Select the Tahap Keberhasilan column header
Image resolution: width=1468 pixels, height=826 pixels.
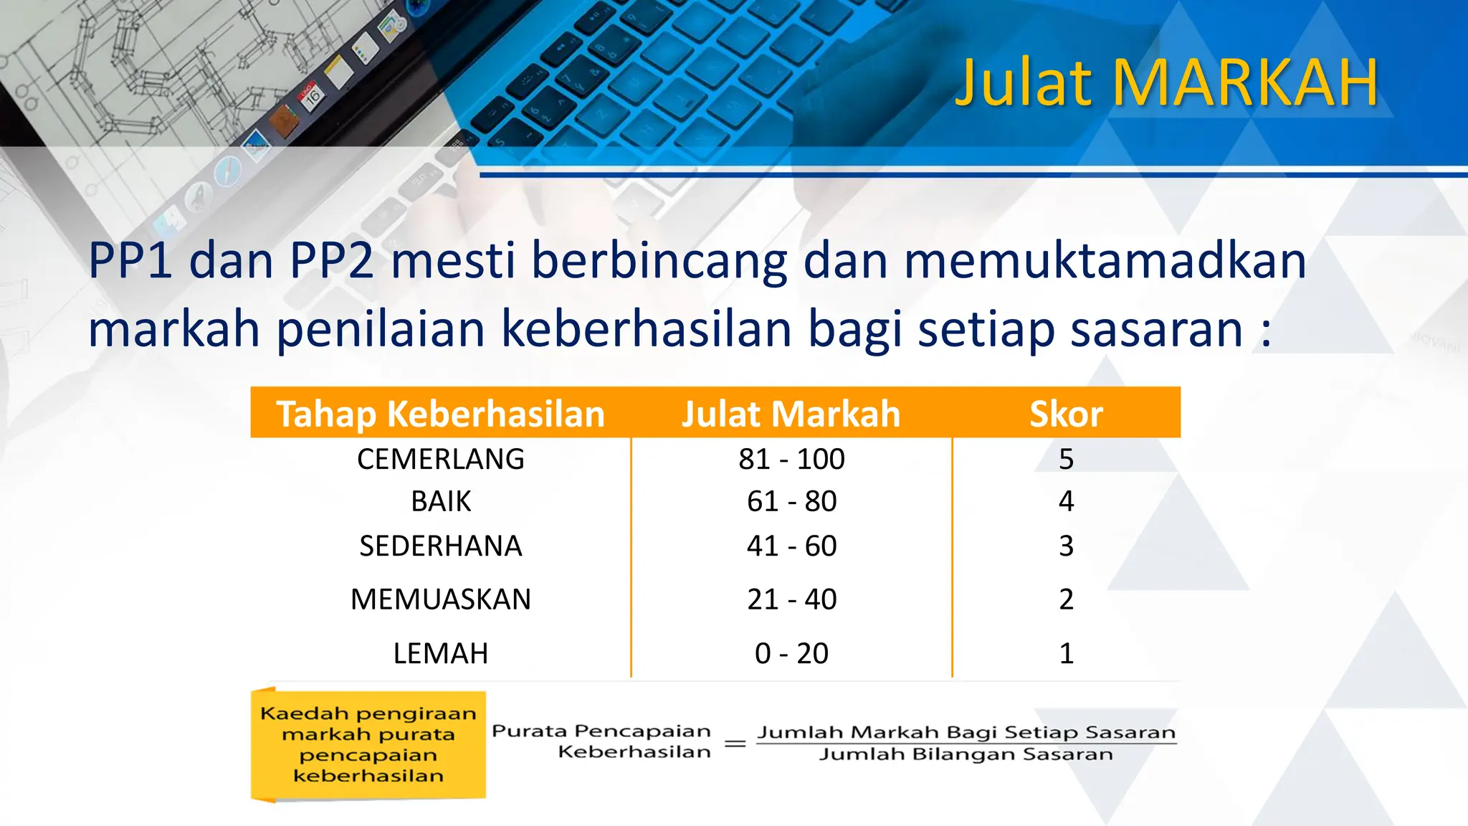pyautogui.click(x=441, y=414)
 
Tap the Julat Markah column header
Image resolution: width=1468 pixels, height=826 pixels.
pyautogui.click(x=791, y=414)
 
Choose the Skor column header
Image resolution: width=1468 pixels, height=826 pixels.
pyautogui.click(x=1066, y=414)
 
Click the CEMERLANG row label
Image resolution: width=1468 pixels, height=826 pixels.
pyautogui.click(x=441, y=459)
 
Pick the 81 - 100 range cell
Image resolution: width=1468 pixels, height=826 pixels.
pyautogui.click(x=791, y=459)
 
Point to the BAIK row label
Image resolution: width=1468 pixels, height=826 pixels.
pyautogui.click(x=441, y=501)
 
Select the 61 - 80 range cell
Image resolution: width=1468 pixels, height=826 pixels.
pyautogui.click(x=791, y=501)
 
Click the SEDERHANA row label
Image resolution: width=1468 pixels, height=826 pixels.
pyautogui.click(x=441, y=546)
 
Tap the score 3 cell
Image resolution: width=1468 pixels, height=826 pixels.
pyautogui.click(x=1066, y=546)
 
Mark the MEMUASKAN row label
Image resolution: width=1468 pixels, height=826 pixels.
pyautogui.click(x=441, y=599)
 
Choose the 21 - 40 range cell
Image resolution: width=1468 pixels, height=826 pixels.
pyautogui.click(x=791, y=599)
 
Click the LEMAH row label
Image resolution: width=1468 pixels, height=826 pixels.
pyautogui.click(x=441, y=653)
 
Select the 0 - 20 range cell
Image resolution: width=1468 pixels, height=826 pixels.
pyautogui.click(x=791, y=653)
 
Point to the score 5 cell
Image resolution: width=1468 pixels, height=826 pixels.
pyautogui.click(x=1066, y=459)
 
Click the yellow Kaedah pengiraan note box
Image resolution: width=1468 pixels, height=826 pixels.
pyautogui.click(x=368, y=744)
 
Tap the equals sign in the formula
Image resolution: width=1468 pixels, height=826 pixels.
pyautogui.click(x=735, y=744)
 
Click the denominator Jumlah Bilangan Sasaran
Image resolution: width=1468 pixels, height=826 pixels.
pyautogui.click(x=966, y=754)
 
